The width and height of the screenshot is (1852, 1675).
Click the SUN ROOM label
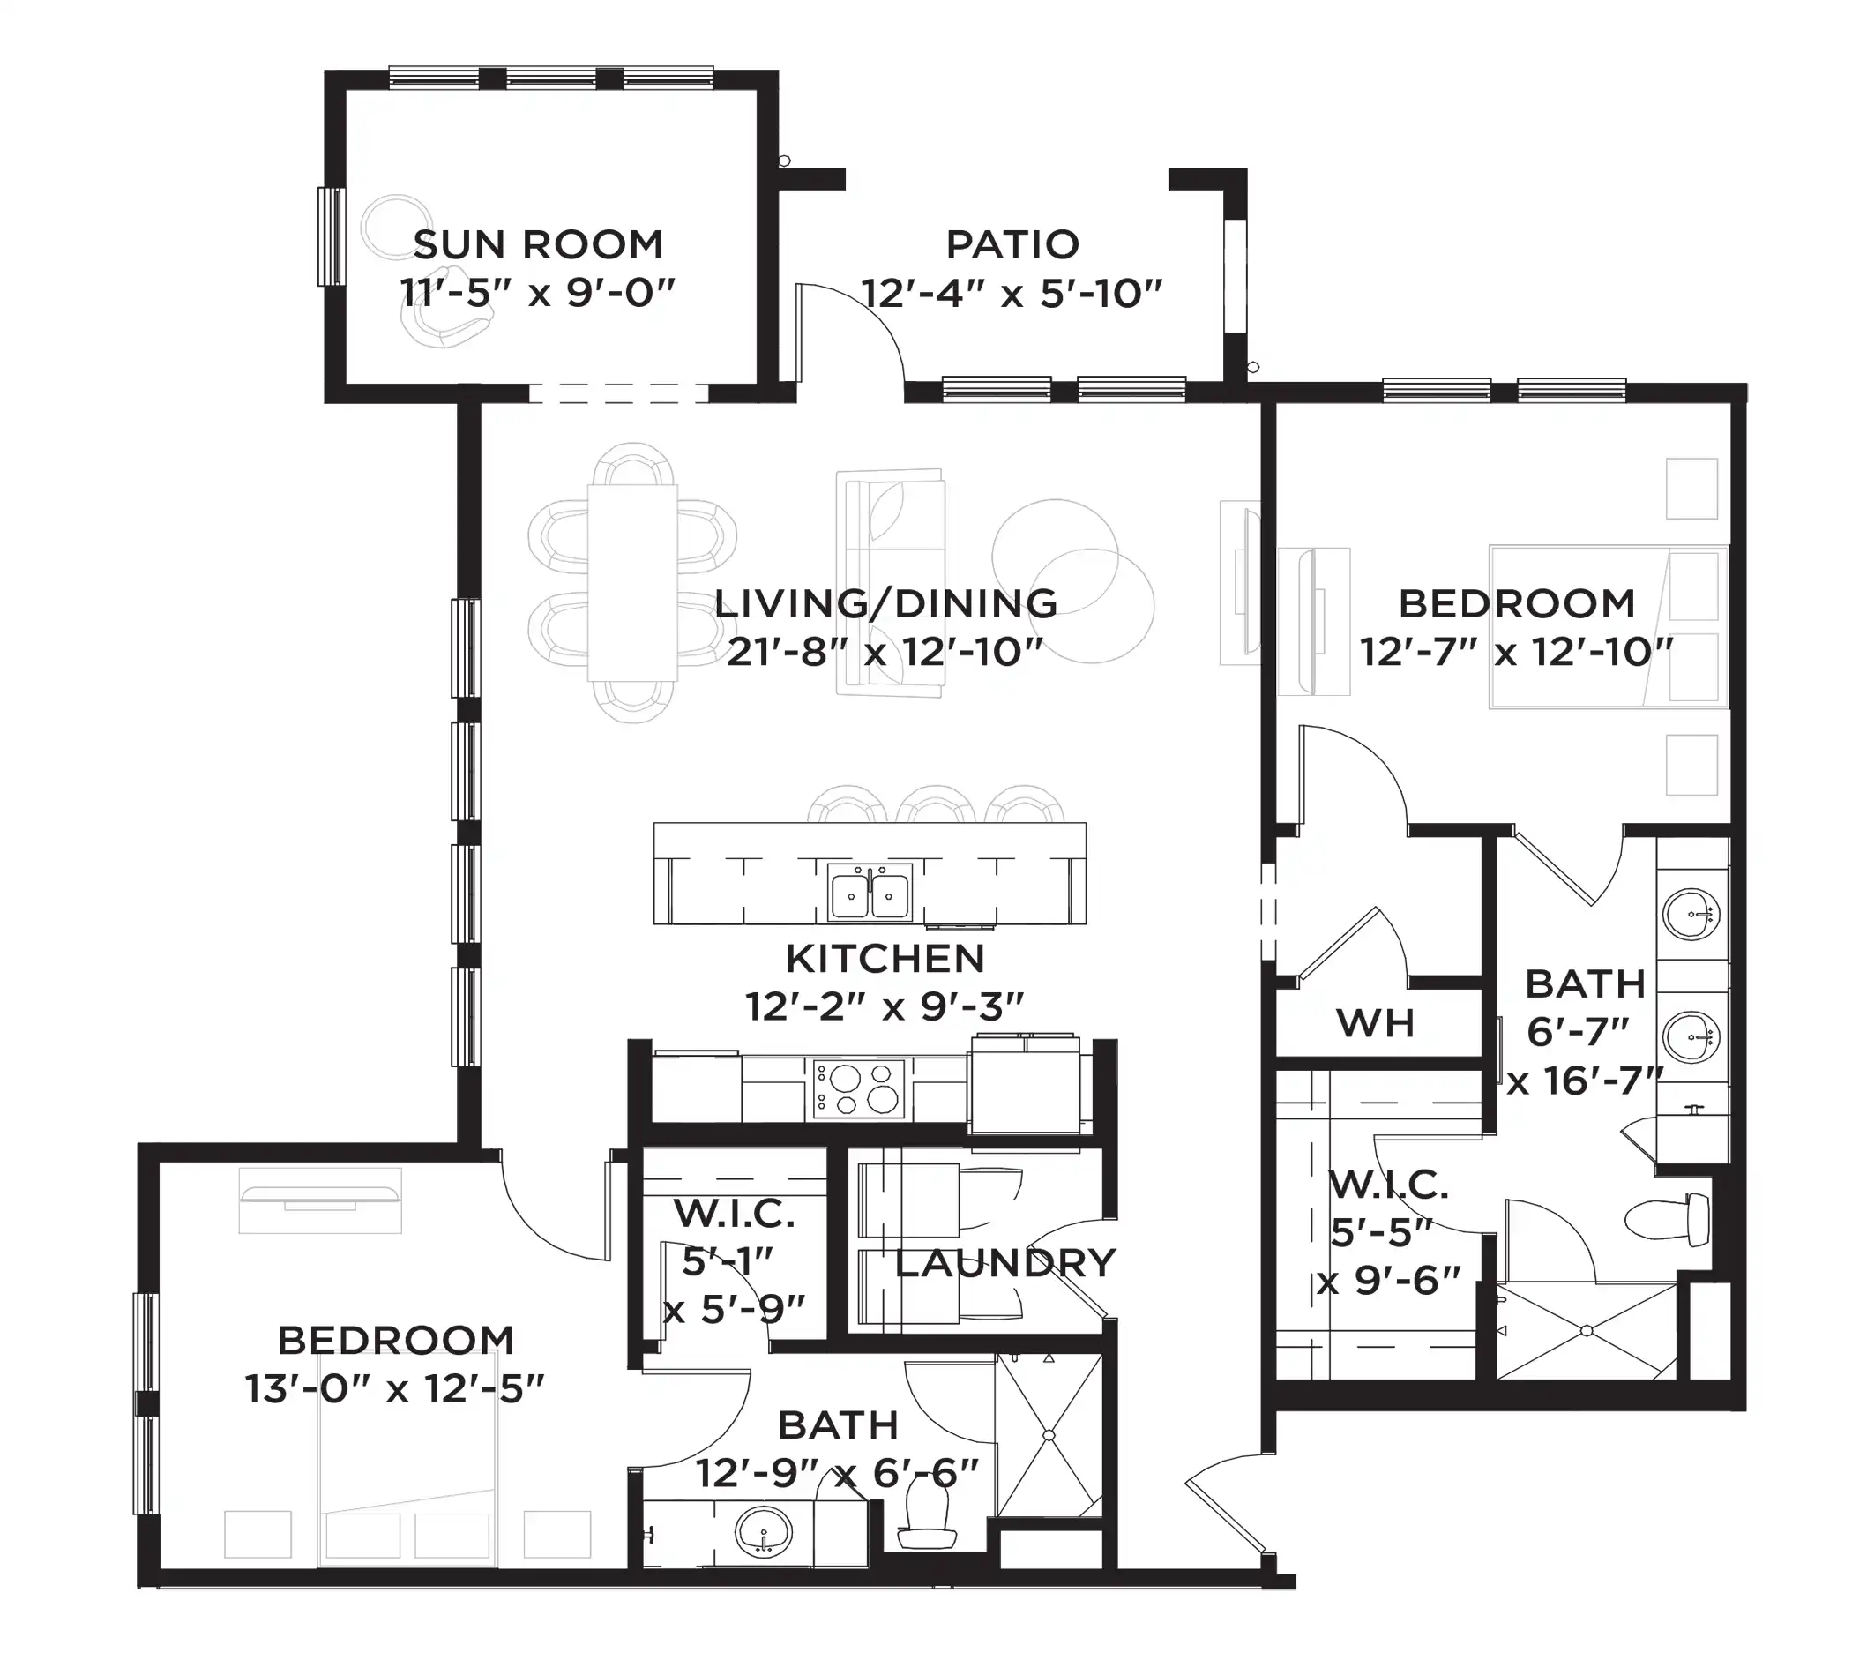(x=538, y=245)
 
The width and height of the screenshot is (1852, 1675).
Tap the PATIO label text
(x=1012, y=245)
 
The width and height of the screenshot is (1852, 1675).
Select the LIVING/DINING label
(x=885, y=604)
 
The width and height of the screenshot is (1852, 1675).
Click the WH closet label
(x=1375, y=1023)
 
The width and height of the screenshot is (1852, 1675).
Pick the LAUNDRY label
(x=1005, y=1263)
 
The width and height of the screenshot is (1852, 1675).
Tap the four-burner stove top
(x=859, y=1088)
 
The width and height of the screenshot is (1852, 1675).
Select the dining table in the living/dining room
(x=633, y=582)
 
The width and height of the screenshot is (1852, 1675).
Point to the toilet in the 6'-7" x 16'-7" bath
(x=1667, y=1219)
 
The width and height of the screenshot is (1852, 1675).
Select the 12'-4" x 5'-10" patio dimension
(x=1012, y=294)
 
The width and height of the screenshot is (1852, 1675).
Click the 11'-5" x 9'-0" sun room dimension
(x=538, y=294)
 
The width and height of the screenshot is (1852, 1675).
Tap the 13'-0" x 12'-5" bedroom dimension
(x=395, y=1389)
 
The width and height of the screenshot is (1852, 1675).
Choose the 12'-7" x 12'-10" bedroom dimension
(x=1517, y=654)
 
